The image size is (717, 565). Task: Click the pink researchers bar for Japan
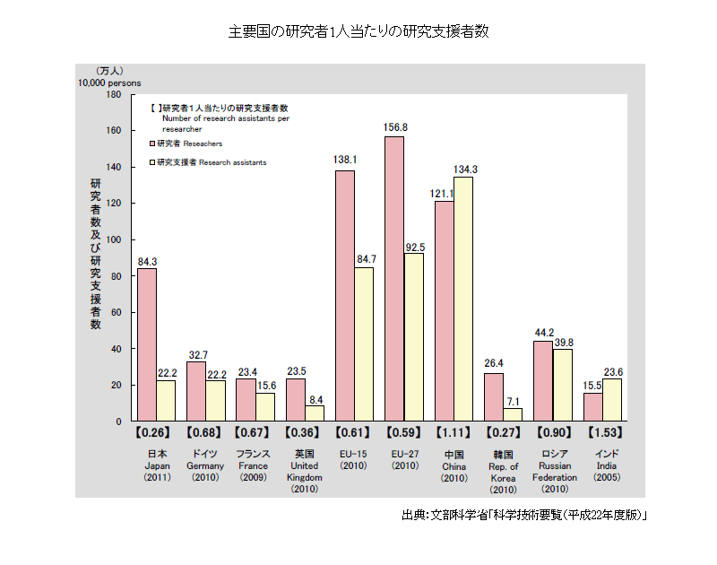click(147, 344)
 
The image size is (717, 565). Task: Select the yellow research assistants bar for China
click(463, 299)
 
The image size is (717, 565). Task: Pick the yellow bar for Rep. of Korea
click(513, 414)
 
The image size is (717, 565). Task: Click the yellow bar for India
click(612, 399)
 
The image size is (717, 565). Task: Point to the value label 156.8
click(395, 128)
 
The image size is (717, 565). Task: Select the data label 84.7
click(365, 259)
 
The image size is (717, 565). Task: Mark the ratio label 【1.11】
click(454, 432)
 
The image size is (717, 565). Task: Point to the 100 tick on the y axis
click(115, 239)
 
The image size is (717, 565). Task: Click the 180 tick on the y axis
click(115, 94)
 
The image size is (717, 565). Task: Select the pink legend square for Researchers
click(152, 143)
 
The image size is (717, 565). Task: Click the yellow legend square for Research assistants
click(152, 163)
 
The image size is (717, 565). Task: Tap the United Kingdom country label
click(305, 471)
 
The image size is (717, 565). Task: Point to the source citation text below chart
click(524, 516)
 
